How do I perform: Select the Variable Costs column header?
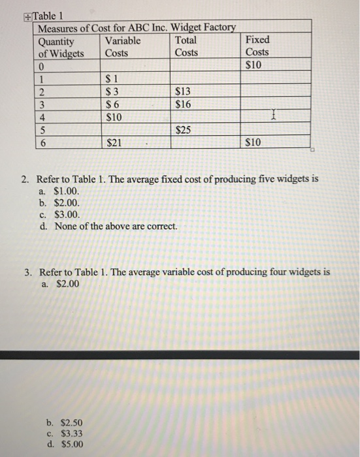pos(123,46)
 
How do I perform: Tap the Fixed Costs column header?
pos(257,46)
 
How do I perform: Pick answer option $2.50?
pos(66,422)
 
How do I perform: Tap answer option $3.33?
pos(66,433)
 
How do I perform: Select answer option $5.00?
pos(66,445)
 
